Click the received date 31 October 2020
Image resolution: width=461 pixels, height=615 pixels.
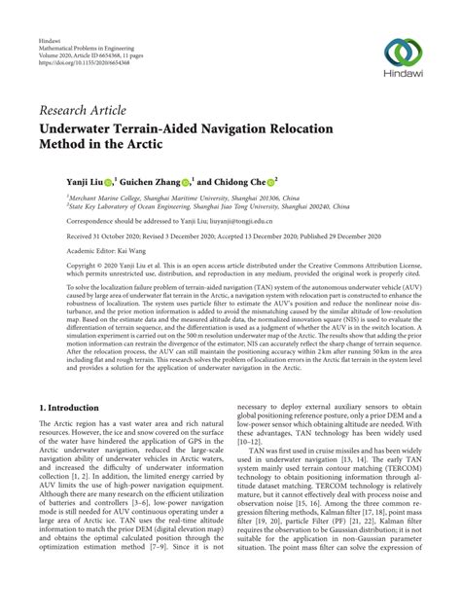click(120, 235)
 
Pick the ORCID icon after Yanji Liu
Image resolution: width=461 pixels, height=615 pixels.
click(110, 181)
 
